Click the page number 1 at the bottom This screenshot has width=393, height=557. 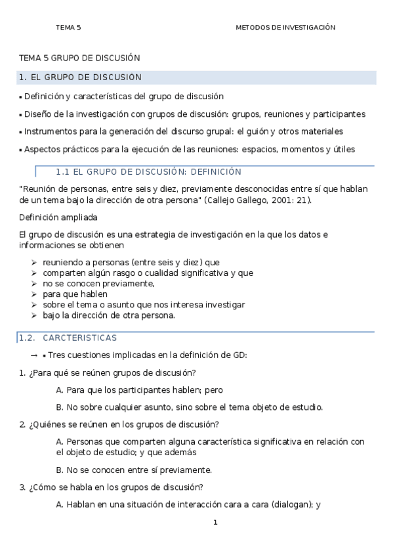point(215,523)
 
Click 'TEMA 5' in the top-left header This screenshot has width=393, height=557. point(68,28)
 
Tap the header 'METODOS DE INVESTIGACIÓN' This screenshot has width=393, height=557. point(285,28)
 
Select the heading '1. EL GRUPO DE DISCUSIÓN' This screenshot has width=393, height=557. point(81,78)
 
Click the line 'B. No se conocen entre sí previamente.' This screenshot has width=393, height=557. point(134,470)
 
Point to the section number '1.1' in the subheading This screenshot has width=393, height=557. point(63,172)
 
